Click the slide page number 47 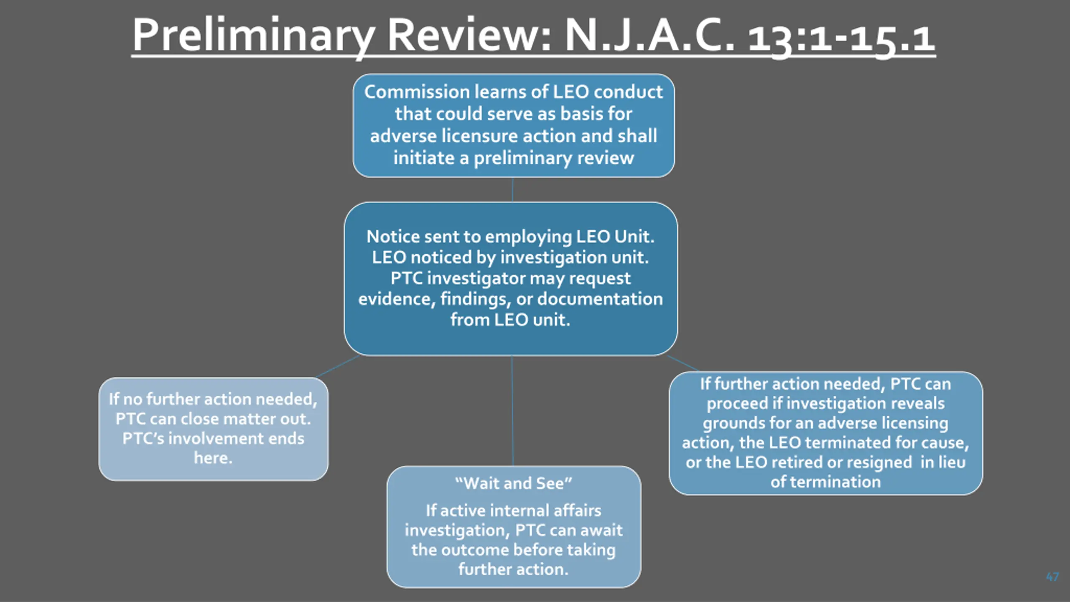point(1052,577)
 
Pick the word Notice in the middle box point(393,237)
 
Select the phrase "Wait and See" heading point(514,483)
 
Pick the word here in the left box point(213,458)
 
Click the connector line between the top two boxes point(512,190)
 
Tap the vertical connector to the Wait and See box point(512,411)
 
